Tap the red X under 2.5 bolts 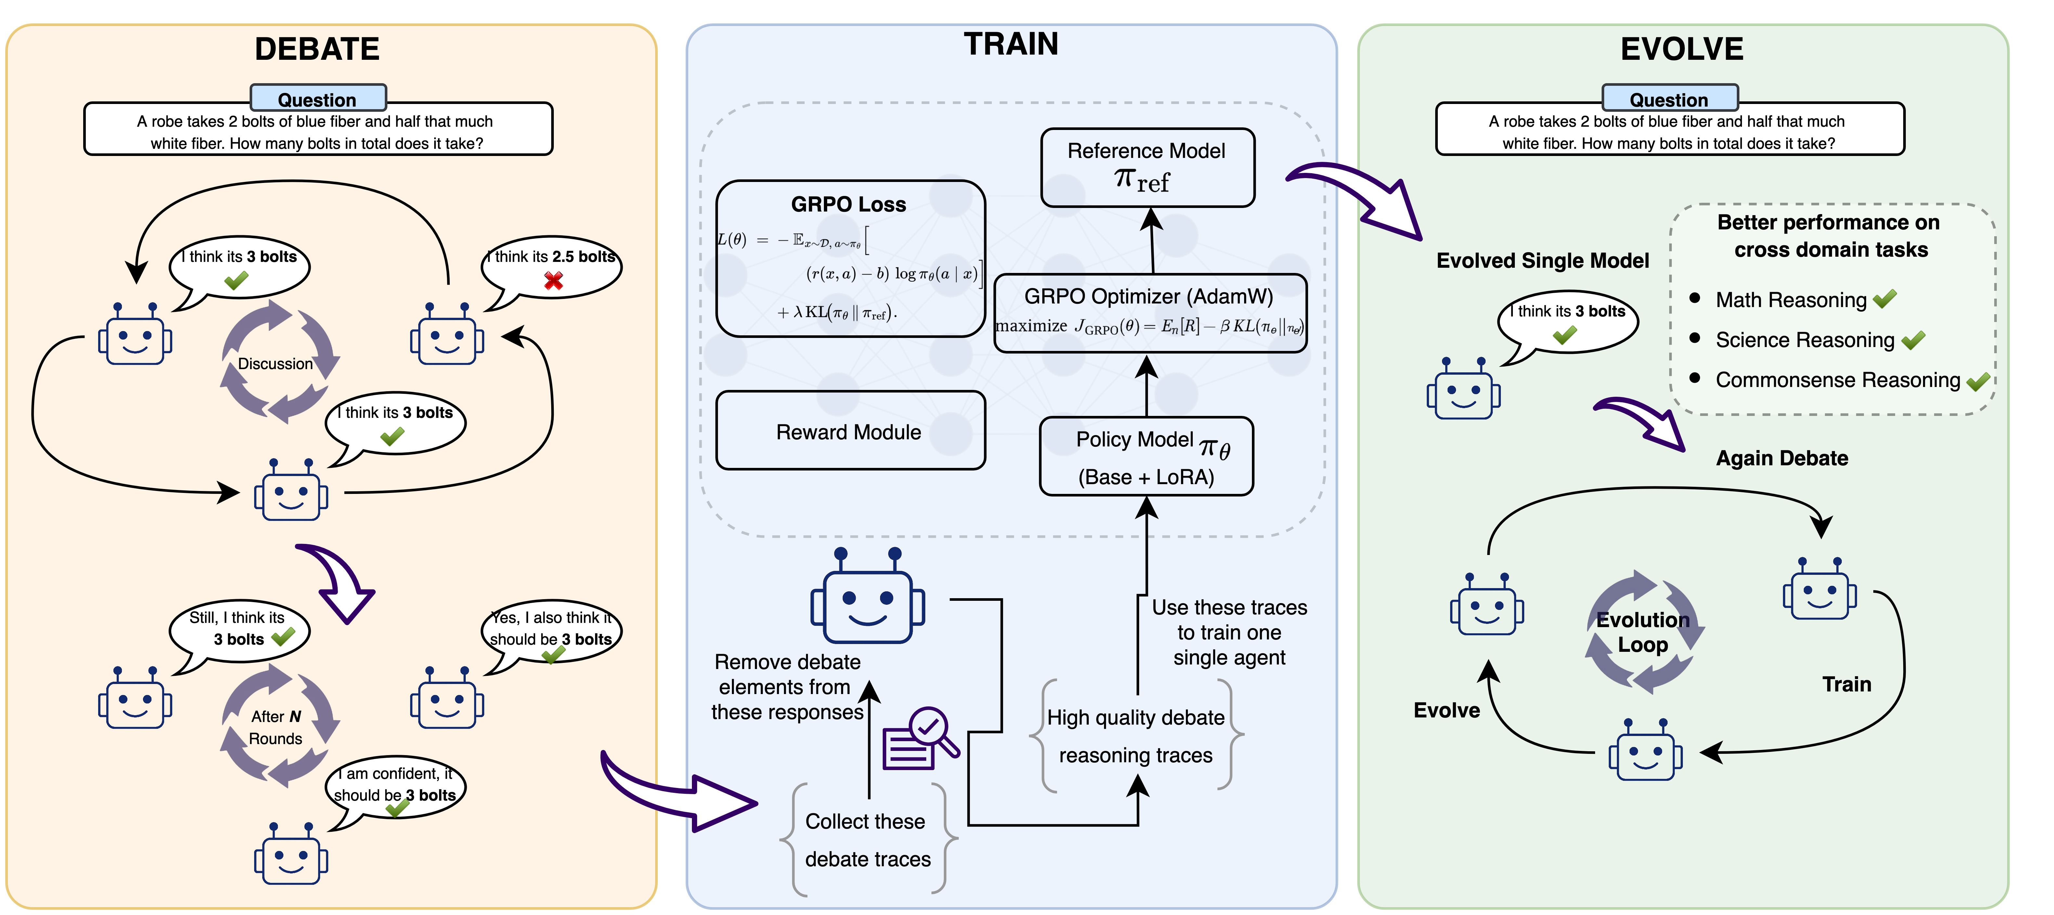point(553,280)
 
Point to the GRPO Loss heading point(848,204)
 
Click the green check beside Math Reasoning point(1885,300)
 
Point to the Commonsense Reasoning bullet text point(1837,380)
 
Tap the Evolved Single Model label point(1542,261)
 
